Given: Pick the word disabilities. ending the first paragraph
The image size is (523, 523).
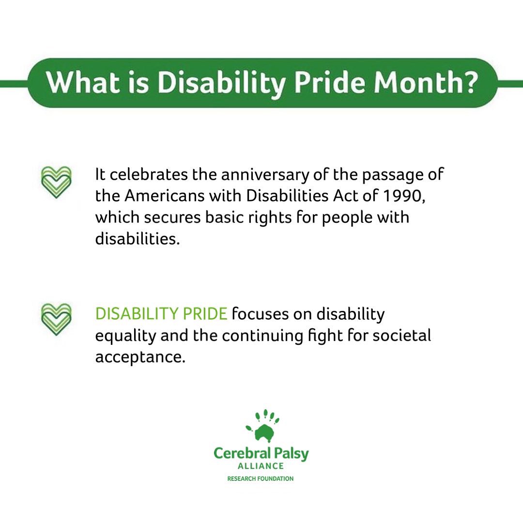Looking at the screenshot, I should (x=138, y=239).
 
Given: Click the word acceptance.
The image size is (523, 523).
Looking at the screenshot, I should (x=140, y=357).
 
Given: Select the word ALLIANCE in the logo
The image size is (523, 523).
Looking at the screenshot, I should (x=261, y=466).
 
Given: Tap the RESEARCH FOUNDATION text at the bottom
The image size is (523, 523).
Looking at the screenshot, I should (x=261, y=478).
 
